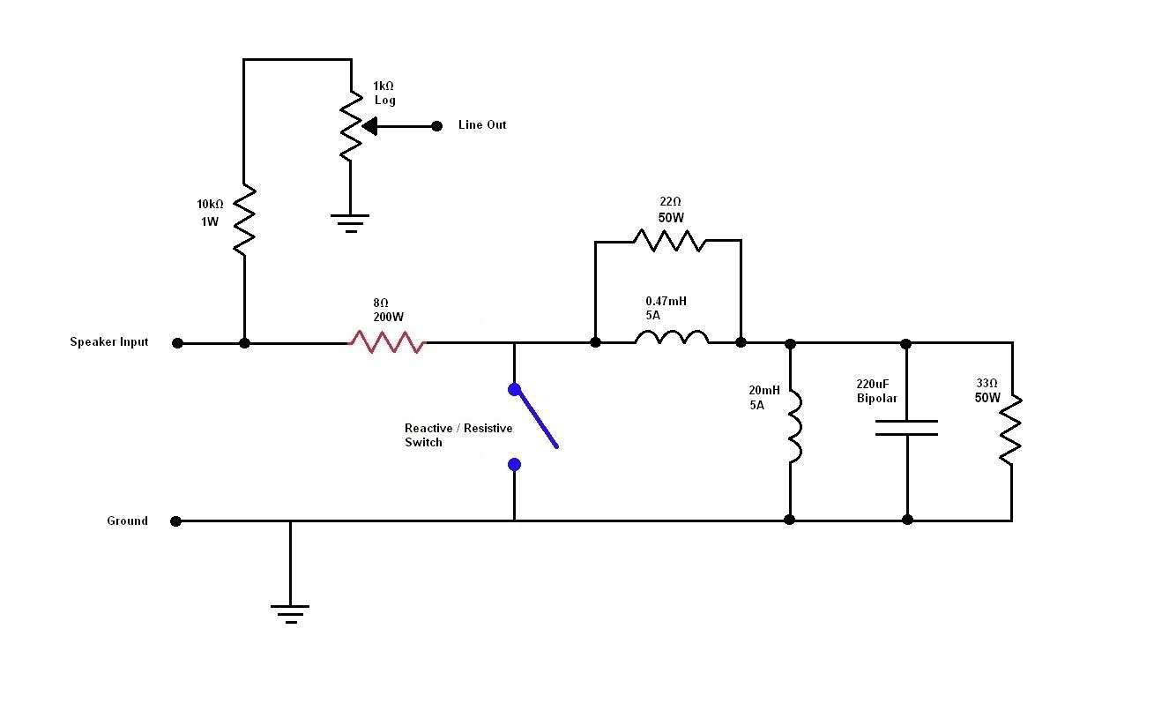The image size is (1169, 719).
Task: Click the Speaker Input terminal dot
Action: point(177,343)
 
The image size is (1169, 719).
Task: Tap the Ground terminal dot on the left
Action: point(175,521)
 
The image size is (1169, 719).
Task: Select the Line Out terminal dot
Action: point(436,126)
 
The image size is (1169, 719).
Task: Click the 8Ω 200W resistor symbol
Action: point(387,342)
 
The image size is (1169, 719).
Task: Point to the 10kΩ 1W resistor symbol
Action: point(244,220)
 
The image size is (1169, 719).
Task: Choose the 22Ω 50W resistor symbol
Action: point(669,241)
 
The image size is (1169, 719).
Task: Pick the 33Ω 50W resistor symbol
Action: point(1011,430)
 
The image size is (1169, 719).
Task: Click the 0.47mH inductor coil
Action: point(672,337)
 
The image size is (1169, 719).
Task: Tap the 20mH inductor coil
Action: point(795,426)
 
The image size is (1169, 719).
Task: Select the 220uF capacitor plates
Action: point(907,428)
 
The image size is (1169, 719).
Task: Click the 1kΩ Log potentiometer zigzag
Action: point(351,126)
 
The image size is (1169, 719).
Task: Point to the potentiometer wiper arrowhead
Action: point(369,126)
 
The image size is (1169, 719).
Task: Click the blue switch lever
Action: point(536,418)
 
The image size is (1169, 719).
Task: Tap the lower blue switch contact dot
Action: point(514,464)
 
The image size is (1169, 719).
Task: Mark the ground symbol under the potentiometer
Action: point(350,223)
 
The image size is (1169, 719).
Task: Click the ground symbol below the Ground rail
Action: point(290,614)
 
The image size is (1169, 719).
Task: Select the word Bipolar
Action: point(876,399)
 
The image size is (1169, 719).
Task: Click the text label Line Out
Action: point(482,124)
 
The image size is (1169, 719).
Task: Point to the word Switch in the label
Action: point(423,442)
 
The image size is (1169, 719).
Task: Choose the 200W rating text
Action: point(388,317)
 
